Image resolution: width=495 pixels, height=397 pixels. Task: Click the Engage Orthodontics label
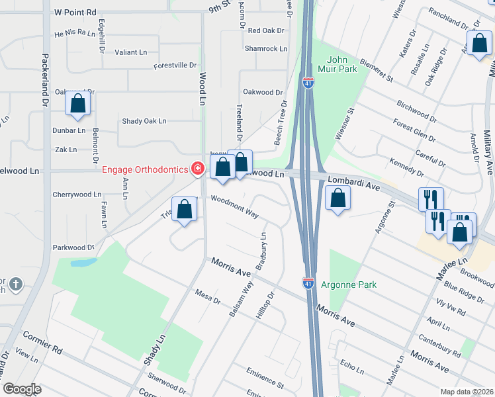tap(145, 170)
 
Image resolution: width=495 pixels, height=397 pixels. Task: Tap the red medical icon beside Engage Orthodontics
tap(197, 170)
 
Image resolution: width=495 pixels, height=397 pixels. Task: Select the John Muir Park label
tap(341, 64)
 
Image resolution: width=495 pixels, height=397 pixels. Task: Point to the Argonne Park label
tap(349, 285)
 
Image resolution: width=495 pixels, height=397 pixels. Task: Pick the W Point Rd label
tap(75, 12)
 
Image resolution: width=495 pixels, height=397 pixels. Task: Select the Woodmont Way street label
tap(234, 205)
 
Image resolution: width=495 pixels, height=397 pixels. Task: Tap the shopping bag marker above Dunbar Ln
tap(78, 104)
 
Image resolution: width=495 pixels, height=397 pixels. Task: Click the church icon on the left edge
tap(16, 285)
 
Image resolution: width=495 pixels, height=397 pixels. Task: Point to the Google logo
tap(22, 389)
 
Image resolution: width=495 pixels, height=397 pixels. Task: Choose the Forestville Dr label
tap(175, 66)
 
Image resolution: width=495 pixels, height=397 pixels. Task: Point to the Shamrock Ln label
tap(266, 48)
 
